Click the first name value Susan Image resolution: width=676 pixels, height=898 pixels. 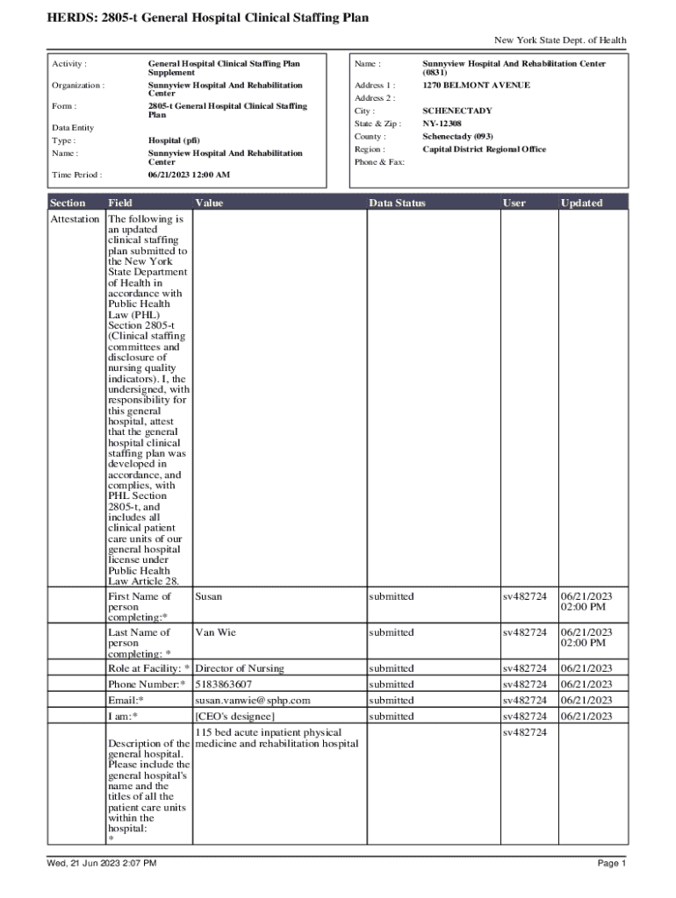click(x=209, y=596)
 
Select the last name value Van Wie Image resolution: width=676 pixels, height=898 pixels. click(x=215, y=632)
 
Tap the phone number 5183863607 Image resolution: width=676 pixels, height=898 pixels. click(x=224, y=684)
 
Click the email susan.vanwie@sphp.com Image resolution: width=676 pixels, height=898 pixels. click(x=253, y=701)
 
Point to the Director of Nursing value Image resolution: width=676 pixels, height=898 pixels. click(x=240, y=668)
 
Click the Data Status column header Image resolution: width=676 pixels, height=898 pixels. click(x=397, y=203)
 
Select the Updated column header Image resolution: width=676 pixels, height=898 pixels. click(x=581, y=203)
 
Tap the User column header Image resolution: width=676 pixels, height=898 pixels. click(x=514, y=203)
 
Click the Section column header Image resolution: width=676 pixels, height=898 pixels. click(x=68, y=203)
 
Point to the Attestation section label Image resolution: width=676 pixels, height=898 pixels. click(x=75, y=218)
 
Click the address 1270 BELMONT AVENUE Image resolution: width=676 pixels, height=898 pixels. click(x=476, y=85)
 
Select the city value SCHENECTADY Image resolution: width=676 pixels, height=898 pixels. click(x=457, y=111)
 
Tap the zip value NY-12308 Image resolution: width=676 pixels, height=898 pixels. click(x=443, y=124)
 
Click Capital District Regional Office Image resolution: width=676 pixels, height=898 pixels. click(x=484, y=149)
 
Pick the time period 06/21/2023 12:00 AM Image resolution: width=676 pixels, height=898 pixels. click(x=189, y=175)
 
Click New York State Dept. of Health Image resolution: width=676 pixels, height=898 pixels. click(x=560, y=40)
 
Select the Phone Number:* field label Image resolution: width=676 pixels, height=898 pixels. click(x=147, y=684)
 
